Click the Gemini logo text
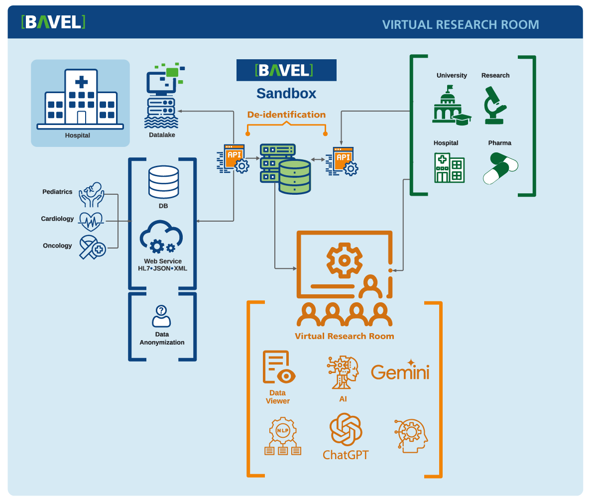(400, 372)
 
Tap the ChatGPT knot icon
(345, 429)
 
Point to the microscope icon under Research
(495, 105)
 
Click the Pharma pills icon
(500, 168)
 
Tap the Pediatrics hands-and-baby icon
(92, 194)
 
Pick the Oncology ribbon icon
(92, 247)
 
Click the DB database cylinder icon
(163, 182)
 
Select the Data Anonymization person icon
(161, 316)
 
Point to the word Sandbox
(286, 93)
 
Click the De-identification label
(286, 115)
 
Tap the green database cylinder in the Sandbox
(294, 177)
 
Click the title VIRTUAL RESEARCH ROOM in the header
(460, 24)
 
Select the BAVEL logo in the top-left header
(53, 22)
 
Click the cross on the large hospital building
(81, 82)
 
